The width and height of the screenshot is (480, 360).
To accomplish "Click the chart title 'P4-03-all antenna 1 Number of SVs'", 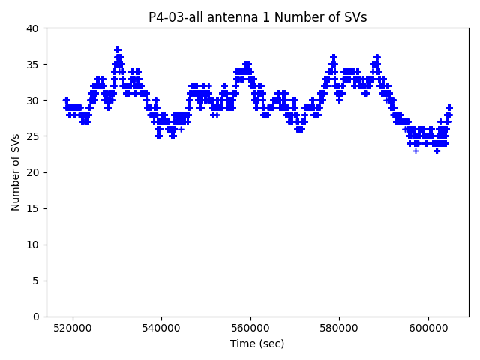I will click(257, 17).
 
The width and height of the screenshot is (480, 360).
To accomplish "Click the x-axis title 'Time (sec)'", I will click(257, 343).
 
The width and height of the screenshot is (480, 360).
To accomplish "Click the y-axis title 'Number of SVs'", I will click(16, 172).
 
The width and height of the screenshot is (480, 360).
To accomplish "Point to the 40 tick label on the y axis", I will click(33, 28).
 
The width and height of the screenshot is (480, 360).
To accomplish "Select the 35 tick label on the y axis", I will click(33, 64).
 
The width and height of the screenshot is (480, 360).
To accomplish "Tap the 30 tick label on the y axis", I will click(33, 100).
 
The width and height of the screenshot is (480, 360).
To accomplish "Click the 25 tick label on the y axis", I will click(33, 136).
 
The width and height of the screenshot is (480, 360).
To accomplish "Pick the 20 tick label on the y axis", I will click(33, 172).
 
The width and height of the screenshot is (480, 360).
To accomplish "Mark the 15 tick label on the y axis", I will click(33, 208).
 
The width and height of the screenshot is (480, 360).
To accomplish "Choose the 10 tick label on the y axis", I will click(33, 244).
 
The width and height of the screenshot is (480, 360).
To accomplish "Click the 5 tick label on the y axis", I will click(36, 280).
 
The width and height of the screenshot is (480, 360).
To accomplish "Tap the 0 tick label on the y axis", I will click(36, 316).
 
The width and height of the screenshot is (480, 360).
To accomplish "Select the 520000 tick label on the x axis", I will click(72, 328).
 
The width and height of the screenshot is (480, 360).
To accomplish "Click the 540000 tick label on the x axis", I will click(161, 328).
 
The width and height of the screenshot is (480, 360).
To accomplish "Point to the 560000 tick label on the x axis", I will click(250, 328).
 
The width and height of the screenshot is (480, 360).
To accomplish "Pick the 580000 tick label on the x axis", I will click(339, 328).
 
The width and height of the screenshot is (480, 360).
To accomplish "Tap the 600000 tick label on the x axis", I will click(428, 328).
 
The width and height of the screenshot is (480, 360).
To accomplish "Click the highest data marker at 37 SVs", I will click(118, 50).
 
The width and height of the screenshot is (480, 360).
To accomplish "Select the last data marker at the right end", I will click(449, 107).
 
